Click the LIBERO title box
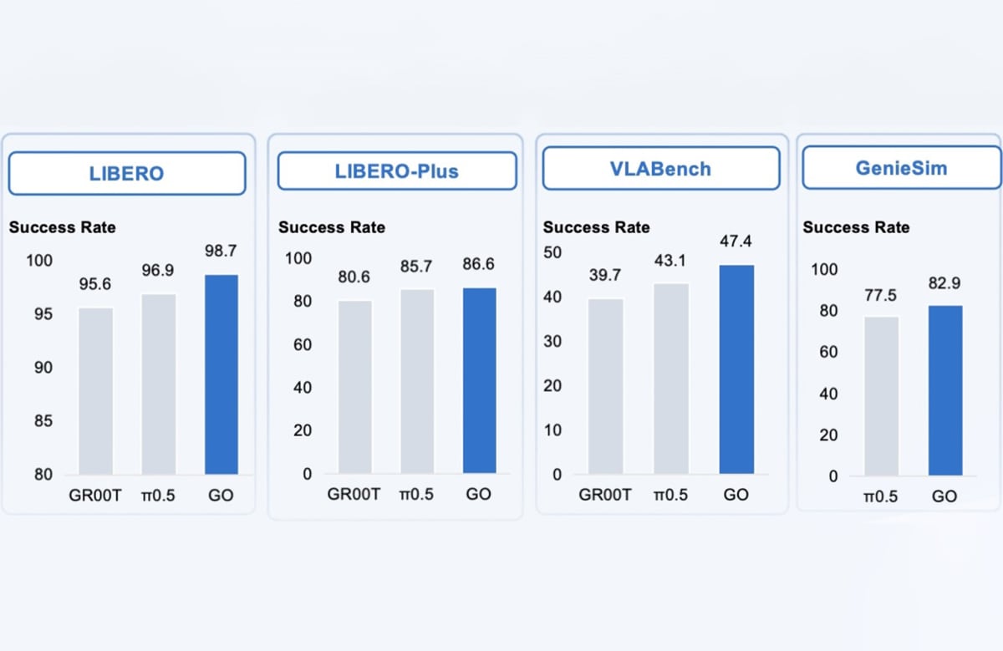[126, 174]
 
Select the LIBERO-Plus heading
[396, 170]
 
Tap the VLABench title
[660, 169]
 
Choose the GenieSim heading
[900, 167]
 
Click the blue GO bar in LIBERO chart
[221, 374]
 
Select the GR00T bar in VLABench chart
[605, 386]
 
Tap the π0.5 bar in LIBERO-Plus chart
[417, 382]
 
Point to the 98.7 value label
[221, 252]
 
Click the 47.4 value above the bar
[736, 242]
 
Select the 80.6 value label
[354, 277]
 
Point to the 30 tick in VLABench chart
[552, 342]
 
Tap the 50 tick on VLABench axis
[552, 252]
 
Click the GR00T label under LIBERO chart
[95, 495]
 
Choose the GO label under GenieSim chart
[944, 496]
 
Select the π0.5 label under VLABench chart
[671, 495]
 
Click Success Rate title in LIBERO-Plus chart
[332, 227]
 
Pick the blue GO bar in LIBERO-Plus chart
[479, 381]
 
